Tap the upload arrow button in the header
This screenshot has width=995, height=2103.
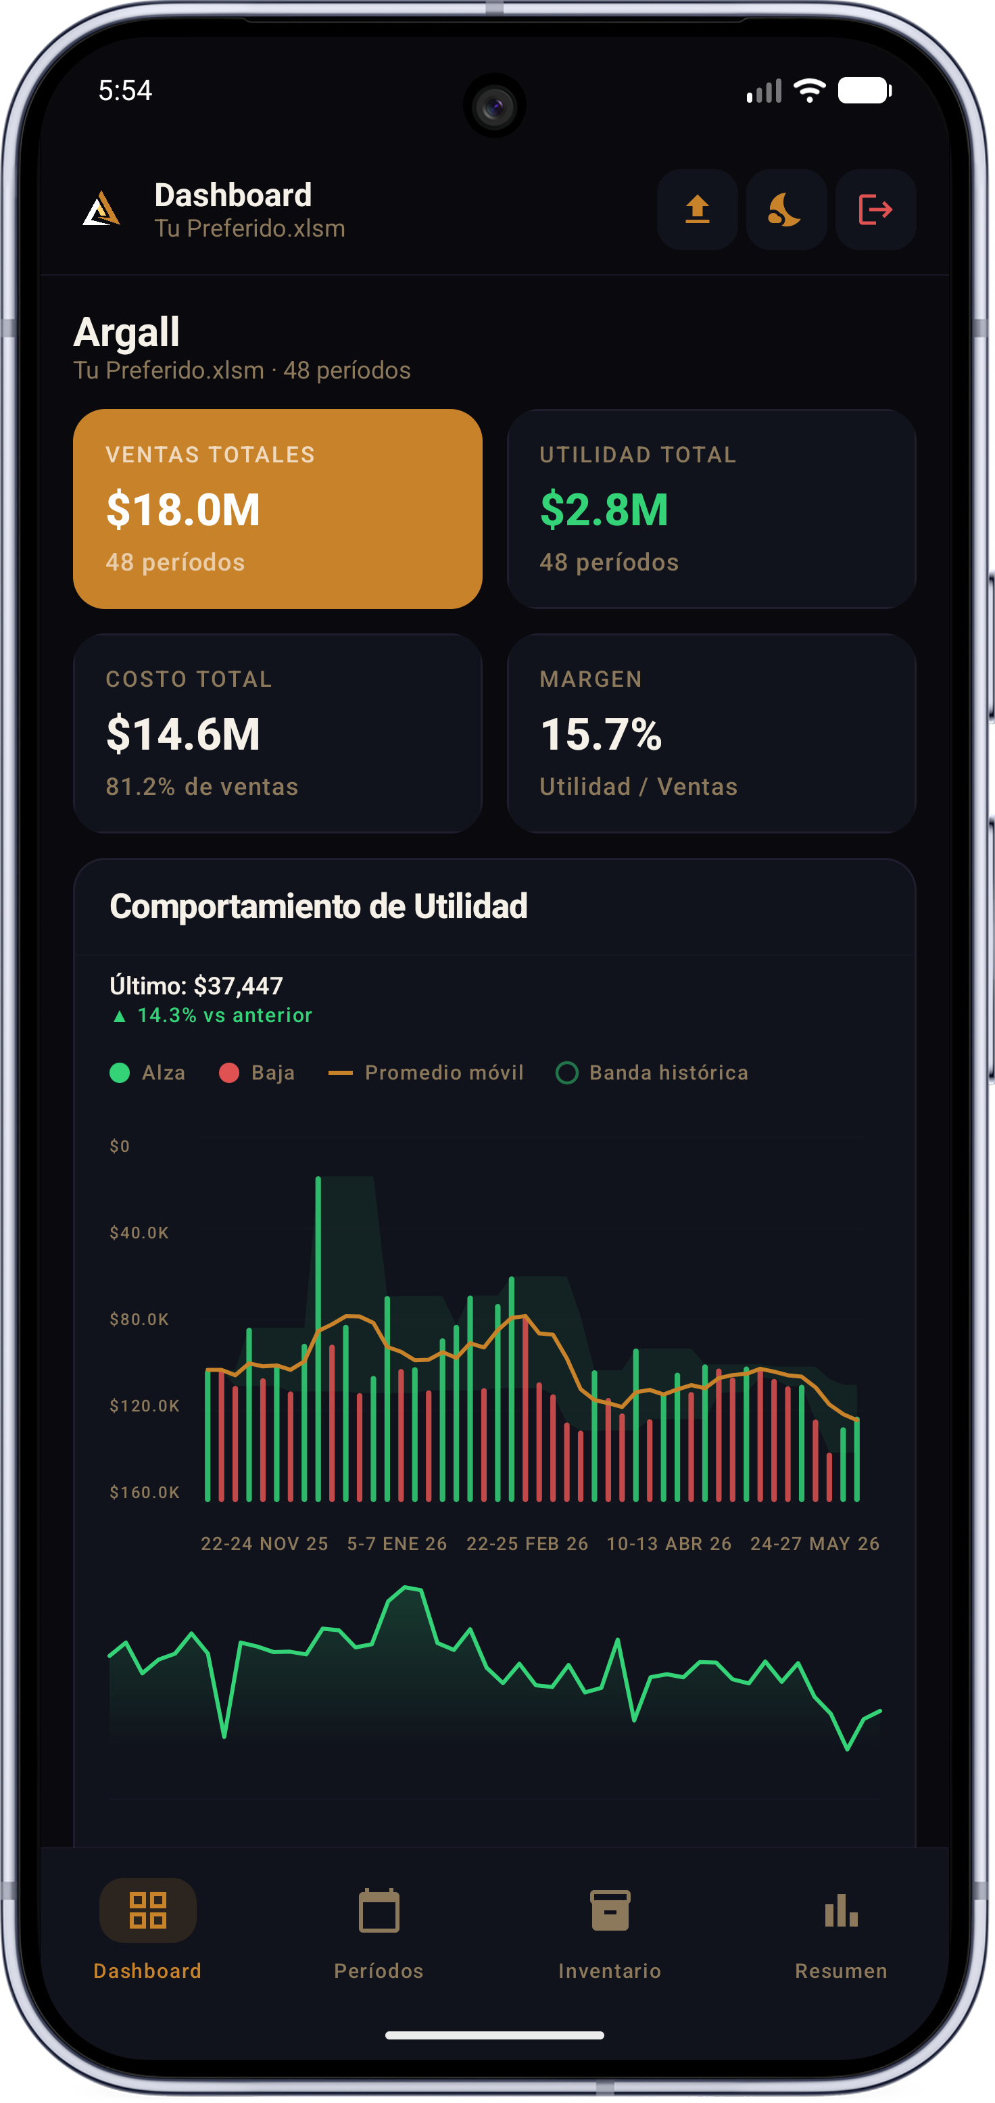coord(697,209)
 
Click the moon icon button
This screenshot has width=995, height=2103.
coord(786,209)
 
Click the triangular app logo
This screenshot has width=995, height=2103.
coord(102,208)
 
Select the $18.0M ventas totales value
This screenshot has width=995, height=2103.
coord(183,510)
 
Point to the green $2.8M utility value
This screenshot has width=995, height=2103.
coord(604,510)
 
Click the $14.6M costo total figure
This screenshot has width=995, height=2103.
coord(183,734)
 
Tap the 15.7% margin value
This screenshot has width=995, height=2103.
coord(601,734)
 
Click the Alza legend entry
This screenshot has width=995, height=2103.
coord(148,1072)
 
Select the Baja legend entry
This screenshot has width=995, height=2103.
coord(257,1072)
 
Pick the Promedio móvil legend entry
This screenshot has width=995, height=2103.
coord(425,1072)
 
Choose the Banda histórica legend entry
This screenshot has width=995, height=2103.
coord(652,1072)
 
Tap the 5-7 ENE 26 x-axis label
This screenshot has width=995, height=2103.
coord(397,1543)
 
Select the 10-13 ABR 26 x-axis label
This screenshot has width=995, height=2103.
coord(669,1543)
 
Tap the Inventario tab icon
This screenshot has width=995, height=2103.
coord(610,1910)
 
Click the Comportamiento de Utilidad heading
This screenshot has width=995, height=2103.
coord(318,907)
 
